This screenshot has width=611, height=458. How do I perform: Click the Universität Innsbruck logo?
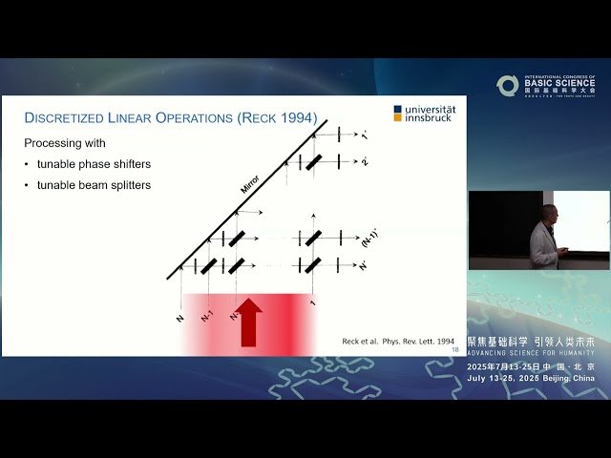pyautogui.click(x=425, y=114)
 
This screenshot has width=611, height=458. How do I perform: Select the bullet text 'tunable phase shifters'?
pyautogui.click(x=93, y=164)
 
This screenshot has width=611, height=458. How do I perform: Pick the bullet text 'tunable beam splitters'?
pyautogui.click(x=94, y=185)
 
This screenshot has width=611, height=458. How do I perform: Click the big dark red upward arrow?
pyautogui.click(x=250, y=323)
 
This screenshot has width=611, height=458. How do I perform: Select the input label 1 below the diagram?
pyautogui.click(x=313, y=303)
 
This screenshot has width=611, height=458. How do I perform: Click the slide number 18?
pyautogui.click(x=454, y=350)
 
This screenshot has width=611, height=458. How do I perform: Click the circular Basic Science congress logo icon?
pyautogui.click(x=508, y=86)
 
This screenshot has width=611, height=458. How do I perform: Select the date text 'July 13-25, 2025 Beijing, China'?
pyautogui.click(x=531, y=378)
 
